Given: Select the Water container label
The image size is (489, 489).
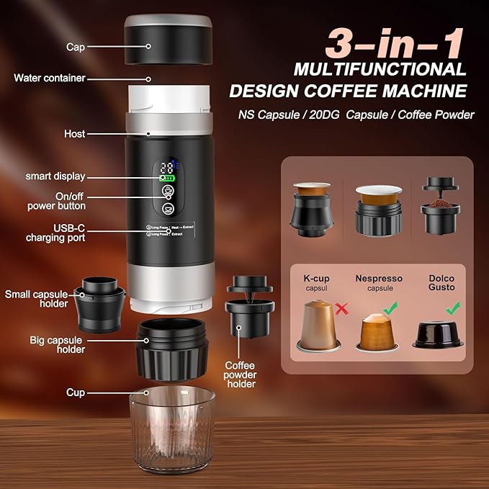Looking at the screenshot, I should pyautogui.click(x=50, y=78).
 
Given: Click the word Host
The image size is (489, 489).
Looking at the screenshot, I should pyautogui.click(x=74, y=134).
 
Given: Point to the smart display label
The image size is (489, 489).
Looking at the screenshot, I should pyautogui.click(x=55, y=176).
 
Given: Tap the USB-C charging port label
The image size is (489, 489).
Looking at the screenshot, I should pyautogui.click(x=56, y=232).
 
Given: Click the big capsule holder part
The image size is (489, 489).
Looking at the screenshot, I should pyautogui.click(x=172, y=349).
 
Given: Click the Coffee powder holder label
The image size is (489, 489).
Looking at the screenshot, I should pyautogui.click(x=241, y=374).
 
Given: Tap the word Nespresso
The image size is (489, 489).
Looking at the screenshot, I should pyautogui.click(x=379, y=278).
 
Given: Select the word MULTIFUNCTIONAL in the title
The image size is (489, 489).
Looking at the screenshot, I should pyautogui.click(x=380, y=70).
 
